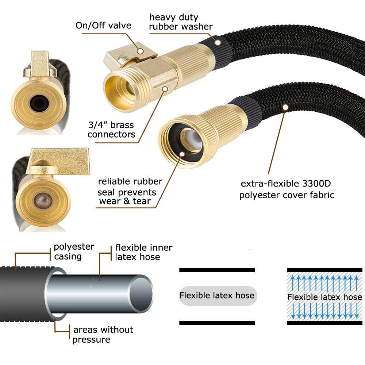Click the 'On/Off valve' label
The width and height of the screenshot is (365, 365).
pos(103,26)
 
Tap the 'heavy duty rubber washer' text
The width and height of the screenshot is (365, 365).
pos(181,22)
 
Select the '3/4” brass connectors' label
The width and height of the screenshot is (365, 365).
pos(111,130)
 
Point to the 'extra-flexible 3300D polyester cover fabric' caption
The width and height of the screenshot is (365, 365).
pos(287,189)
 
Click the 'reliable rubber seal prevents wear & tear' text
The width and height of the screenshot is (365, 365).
pos(130,191)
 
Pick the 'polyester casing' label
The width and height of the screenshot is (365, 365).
pos(74,251)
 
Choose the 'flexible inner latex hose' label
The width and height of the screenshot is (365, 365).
pos(144,252)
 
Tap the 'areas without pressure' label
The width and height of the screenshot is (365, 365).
pos(103,334)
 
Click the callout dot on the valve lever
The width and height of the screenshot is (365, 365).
pos(140,51)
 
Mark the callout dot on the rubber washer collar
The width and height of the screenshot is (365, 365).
pos(218,43)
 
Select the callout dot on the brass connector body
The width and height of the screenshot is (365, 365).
pos(165,89)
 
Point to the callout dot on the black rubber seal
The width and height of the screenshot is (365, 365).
pos(182,154)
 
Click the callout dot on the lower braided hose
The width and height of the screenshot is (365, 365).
pos(285,107)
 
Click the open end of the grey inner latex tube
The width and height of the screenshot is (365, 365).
pos(141,294)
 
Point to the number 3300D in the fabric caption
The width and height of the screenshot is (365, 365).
pos(316,184)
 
